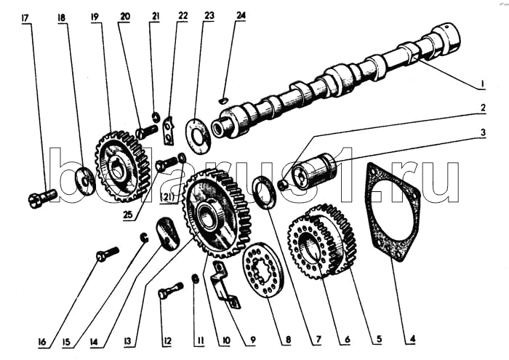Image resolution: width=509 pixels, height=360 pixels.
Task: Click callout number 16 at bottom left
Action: click(x=43, y=341)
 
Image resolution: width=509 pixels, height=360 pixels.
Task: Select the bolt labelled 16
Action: click(x=107, y=254)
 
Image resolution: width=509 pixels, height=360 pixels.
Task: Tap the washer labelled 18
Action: click(x=86, y=180)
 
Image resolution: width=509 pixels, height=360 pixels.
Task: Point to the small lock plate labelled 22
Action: click(x=170, y=131)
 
